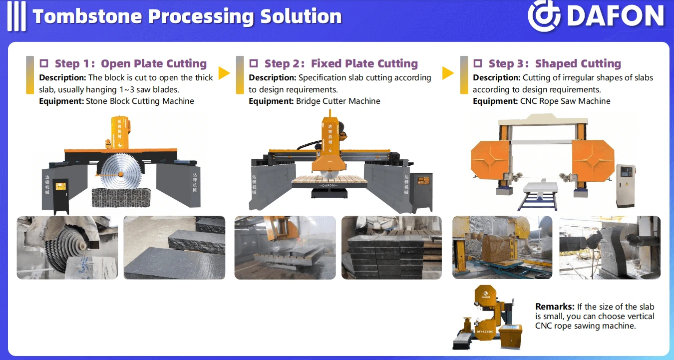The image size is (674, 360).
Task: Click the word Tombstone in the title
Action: (x=87, y=16)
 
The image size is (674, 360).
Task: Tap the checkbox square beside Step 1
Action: (x=44, y=63)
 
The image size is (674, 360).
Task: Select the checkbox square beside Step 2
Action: (x=254, y=63)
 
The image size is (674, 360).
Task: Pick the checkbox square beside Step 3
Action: (x=478, y=63)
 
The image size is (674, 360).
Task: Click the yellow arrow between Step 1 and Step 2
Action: (x=224, y=73)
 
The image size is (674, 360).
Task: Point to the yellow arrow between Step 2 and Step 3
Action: (x=448, y=73)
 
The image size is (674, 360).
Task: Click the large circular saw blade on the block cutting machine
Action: (x=121, y=173)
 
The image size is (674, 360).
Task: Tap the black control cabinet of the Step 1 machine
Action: (x=61, y=195)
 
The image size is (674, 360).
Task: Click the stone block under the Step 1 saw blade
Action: (x=121, y=198)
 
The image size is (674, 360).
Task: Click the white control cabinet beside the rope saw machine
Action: (x=626, y=186)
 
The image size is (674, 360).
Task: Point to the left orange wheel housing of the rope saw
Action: (x=490, y=160)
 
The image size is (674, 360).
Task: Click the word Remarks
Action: (x=555, y=307)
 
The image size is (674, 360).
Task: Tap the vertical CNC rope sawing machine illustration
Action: (x=487, y=318)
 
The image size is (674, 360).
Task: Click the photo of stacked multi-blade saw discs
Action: (x=67, y=248)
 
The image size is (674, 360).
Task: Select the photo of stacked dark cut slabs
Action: (x=392, y=248)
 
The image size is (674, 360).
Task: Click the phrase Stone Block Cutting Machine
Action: (x=140, y=101)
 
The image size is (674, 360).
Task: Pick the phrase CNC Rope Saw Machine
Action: (x=565, y=101)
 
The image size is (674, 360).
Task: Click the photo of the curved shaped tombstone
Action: (x=610, y=248)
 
